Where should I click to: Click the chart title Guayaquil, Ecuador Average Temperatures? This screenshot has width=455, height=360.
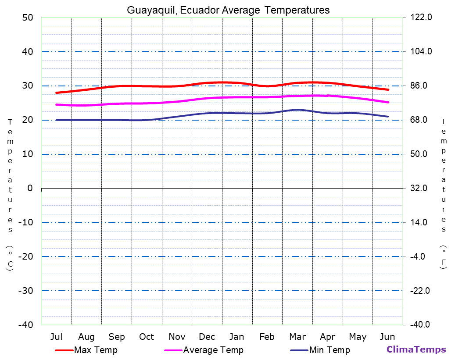tap(228, 10)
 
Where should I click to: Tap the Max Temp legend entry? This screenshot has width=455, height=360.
tap(96, 350)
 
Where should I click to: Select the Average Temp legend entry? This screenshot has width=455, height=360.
tap(213, 350)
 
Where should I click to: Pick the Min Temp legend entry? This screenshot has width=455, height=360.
tap(329, 350)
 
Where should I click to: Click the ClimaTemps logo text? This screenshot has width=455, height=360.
tap(416, 349)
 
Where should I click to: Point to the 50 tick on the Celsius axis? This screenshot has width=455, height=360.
tap(27, 18)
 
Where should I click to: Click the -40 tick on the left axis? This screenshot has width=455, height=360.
tap(25, 325)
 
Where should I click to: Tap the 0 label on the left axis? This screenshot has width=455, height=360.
tap(30, 188)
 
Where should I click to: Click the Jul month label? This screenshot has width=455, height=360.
tap(56, 337)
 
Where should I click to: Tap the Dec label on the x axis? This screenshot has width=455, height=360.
tap(207, 337)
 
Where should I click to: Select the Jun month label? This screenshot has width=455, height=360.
tap(387, 337)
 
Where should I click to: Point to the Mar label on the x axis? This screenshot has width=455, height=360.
tap(297, 337)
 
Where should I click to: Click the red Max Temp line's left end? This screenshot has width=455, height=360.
tap(57, 93)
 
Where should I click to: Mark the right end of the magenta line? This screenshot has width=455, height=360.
tap(388, 102)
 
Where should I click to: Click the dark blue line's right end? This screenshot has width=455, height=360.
tap(388, 117)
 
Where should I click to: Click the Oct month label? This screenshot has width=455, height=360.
tap(147, 337)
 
